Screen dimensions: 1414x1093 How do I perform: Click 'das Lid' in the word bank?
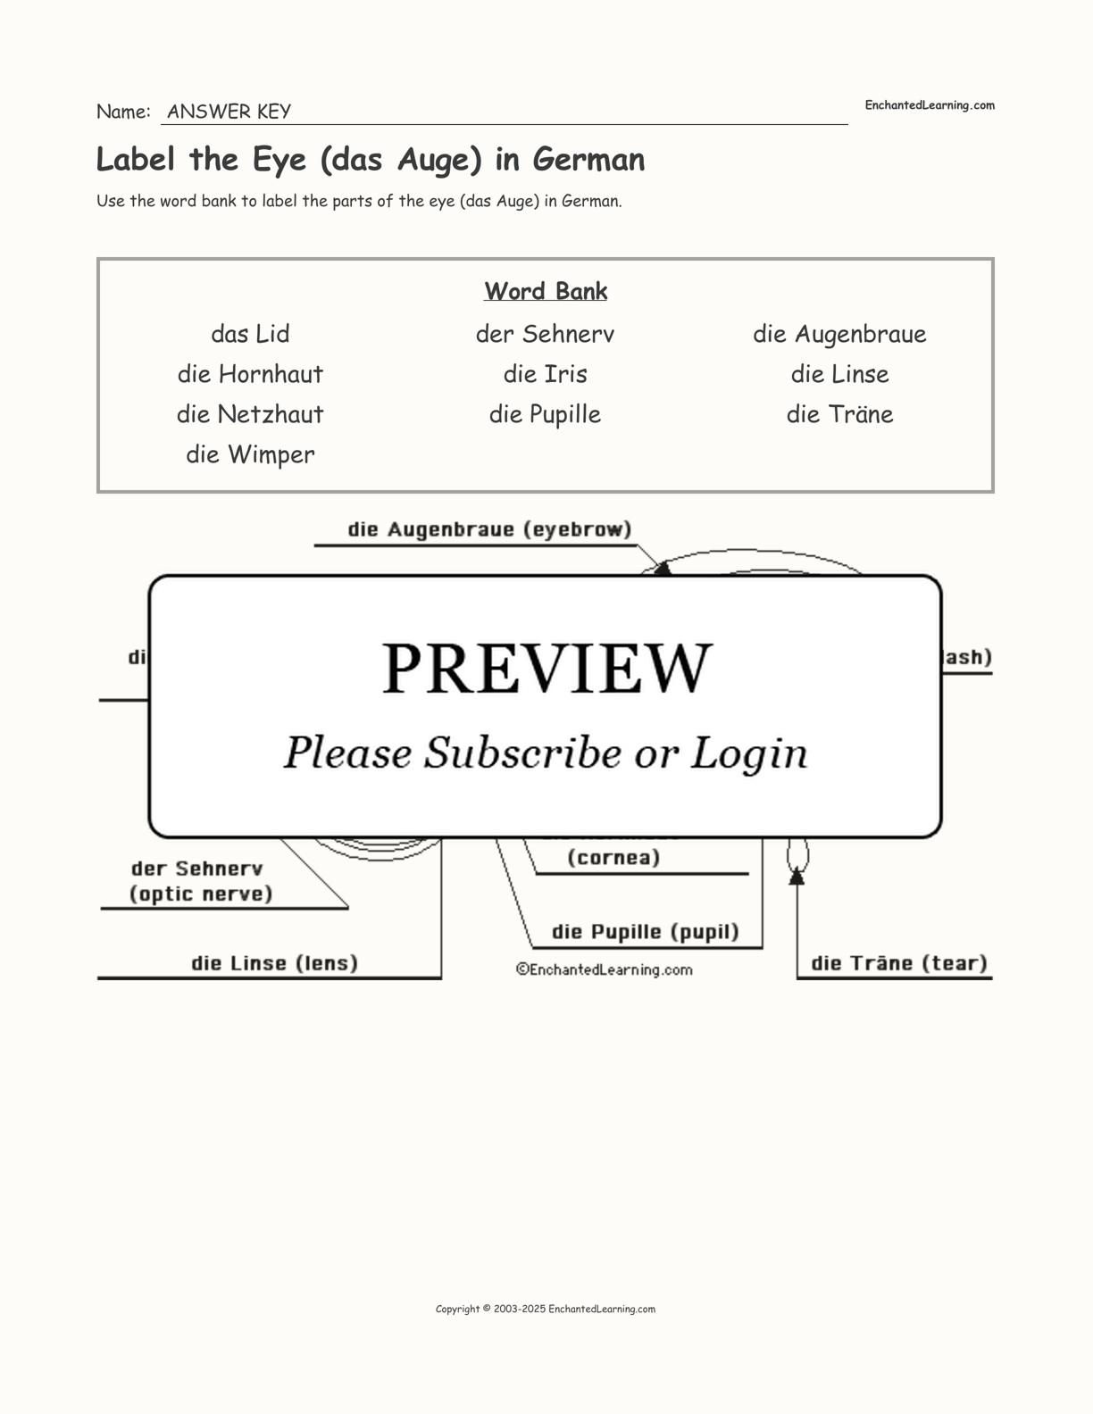point(250,334)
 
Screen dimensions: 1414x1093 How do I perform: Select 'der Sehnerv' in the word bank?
point(545,334)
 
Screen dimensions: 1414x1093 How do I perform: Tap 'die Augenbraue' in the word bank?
point(839,334)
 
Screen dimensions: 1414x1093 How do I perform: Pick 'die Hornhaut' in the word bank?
point(250,374)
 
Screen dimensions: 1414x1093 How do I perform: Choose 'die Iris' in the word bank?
point(545,374)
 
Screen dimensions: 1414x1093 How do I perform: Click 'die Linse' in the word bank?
point(839,374)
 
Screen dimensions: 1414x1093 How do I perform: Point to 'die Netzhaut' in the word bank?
point(250,414)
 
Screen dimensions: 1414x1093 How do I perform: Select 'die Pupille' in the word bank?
point(545,414)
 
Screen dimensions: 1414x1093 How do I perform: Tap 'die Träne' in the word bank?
point(839,414)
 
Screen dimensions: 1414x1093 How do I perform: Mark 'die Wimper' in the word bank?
point(250,454)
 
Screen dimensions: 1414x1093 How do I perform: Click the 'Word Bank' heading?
point(546,291)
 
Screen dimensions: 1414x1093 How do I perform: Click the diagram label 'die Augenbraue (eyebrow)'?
point(489,529)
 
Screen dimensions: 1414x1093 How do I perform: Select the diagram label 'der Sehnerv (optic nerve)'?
point(201,881)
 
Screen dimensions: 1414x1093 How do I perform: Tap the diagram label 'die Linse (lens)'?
point(274,963)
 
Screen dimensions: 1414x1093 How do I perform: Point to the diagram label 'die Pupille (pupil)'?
point(645,932)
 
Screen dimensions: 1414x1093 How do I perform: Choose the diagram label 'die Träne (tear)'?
point(898,963)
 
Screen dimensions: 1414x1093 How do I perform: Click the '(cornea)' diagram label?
point(613,858)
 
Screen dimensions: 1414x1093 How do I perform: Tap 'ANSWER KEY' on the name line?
point(229,112)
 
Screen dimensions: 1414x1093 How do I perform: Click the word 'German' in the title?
point(588,160)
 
